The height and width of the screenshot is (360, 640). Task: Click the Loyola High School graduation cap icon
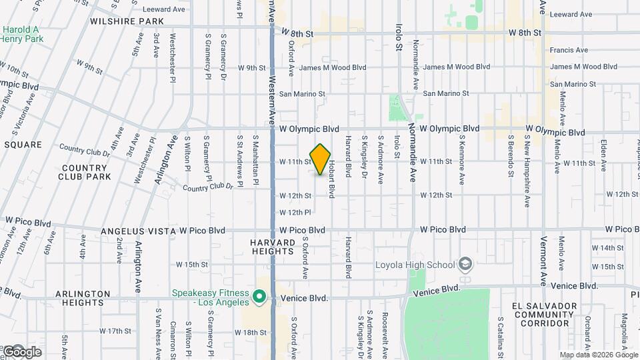pyautogui.click(x=465, y=265)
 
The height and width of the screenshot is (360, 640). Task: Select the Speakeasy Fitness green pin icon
pyautogui.click(x=259, y=297)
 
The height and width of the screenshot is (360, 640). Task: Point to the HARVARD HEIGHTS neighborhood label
pyautogui.click(x=273, y=247)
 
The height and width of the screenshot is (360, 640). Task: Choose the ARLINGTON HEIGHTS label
pyautogui.click(x=83, y=298)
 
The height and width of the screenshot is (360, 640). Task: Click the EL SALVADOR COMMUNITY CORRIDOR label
pyautogui.click(x=541, y=314)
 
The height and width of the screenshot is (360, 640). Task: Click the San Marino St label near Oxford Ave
pyautogui.click(x=301, y=94)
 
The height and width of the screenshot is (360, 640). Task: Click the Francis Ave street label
pyautogui.click(x=569, y=50)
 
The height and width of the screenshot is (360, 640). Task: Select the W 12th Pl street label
pyautogui.click(x=295, y=213)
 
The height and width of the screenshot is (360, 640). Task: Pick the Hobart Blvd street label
pyautogui.click(x=331, y=181)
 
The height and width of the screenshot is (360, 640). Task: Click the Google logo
pyautogui.click(x=22, y=351)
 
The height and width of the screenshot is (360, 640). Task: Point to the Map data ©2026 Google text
pyautogui.click(x=597, y=355)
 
